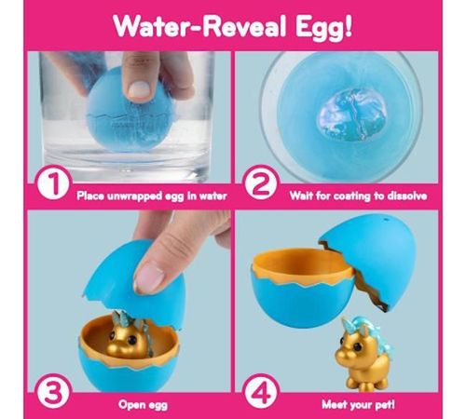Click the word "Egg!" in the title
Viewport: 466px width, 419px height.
pos(323,27)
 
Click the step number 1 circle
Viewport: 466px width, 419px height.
pos(53,184)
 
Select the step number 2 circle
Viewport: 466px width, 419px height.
pos(261,184)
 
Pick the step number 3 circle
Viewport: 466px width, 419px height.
pos(53,393)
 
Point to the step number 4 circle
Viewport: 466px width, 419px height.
pos(261,393)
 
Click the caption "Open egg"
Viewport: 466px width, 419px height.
pos(143,405)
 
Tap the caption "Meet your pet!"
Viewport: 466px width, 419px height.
pos(358,404)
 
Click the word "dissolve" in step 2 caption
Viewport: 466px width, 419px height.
pos(407,196)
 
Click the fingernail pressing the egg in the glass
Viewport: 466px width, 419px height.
pos(139,89)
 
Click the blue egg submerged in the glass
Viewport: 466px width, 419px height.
pos(130,110)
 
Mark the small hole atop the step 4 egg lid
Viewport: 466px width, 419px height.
pos(387,220)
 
